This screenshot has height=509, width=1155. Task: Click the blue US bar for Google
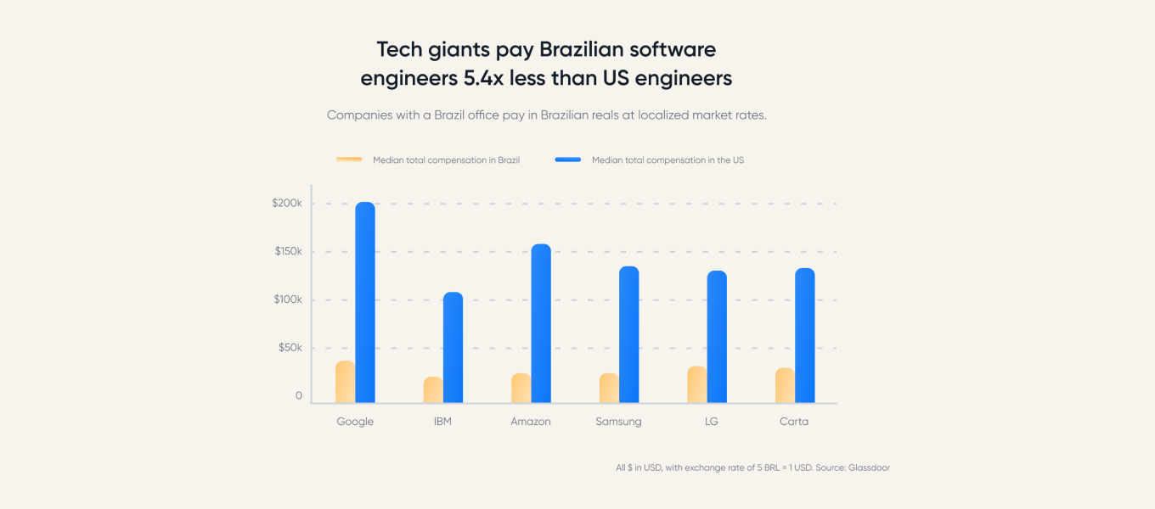tap(365, 302)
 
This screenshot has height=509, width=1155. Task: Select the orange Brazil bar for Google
tap(345, 382)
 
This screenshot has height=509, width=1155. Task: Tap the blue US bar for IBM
tap(453, 347)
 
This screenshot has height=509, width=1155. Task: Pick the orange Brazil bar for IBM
tap(433, 389)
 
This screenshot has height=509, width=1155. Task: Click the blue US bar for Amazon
tap(541, 323)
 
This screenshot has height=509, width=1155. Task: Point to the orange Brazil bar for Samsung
tap(609, 388)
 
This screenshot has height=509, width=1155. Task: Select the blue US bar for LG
tap(717, 337)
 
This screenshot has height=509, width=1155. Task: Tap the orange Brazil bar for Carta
tap(785, 385)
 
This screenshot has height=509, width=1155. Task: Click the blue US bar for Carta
tap(805, 335)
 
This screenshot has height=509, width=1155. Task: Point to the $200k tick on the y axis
tap(286, 204)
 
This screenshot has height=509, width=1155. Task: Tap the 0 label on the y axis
tap(298, 396)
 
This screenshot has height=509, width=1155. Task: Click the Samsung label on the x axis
tap(618, 422)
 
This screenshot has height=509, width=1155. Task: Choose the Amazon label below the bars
tap(531, 422)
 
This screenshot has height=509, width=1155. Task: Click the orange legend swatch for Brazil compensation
tap(349, 159)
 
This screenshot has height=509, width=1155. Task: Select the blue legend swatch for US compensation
tap(568, 159)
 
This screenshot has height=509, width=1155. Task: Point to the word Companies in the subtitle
tap(359, 115)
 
